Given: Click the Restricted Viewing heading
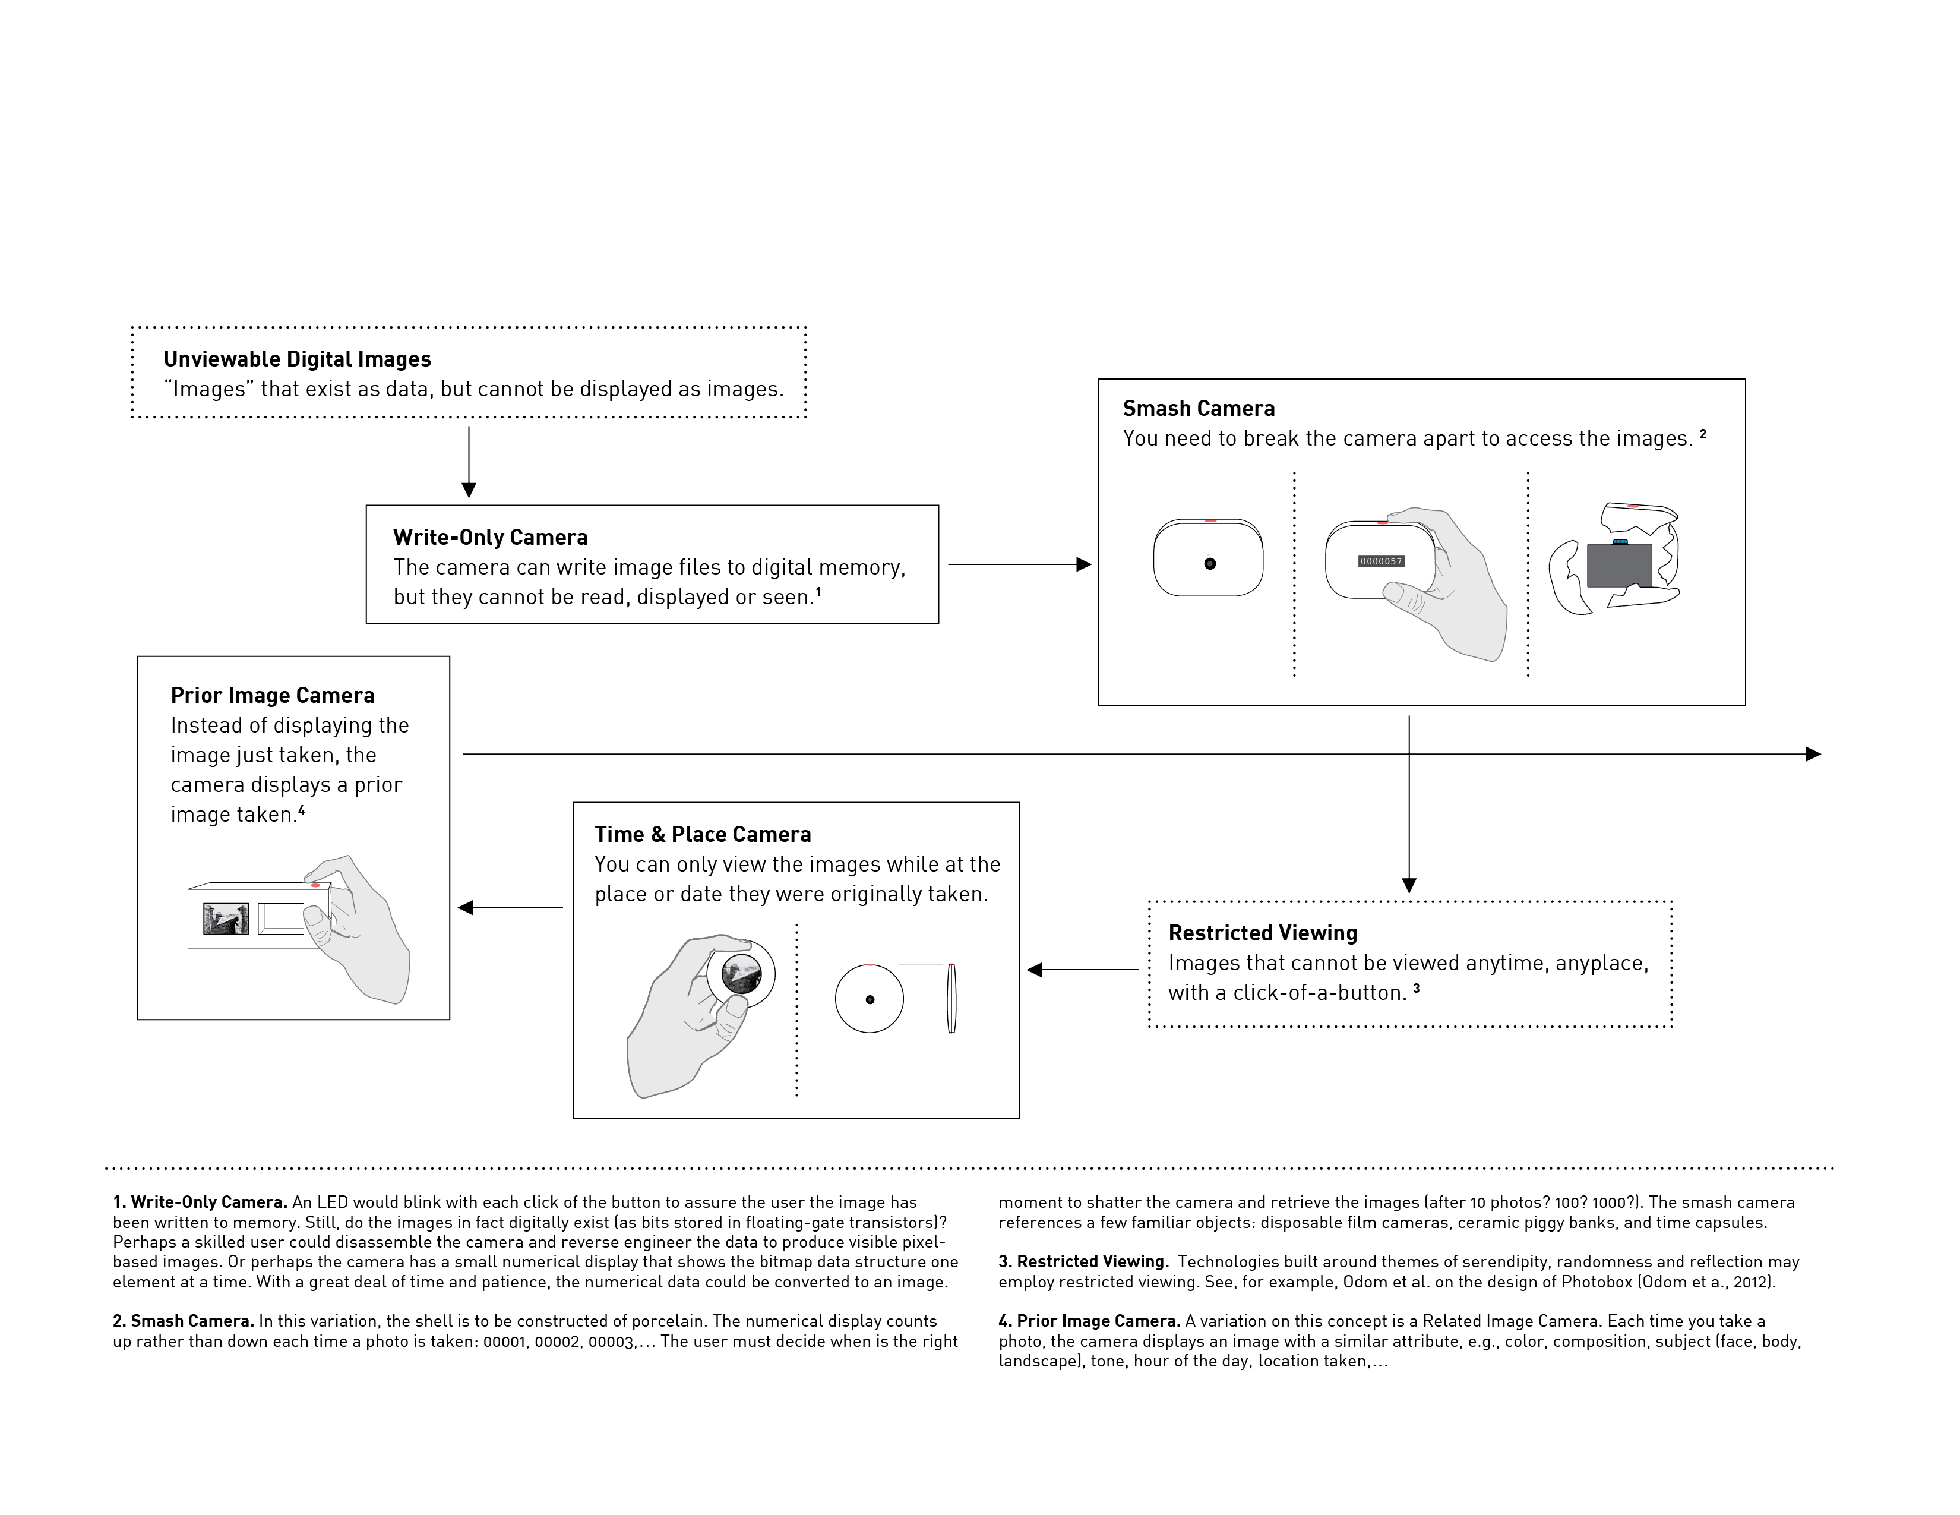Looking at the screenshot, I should tap(1262, 933).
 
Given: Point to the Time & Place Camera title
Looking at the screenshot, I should tap(702, 835).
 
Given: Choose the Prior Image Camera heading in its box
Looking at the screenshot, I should tap(272, 696).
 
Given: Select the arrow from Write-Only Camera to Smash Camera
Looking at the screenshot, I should tap(1019, 564).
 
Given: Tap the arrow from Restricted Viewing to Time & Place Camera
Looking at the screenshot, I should tap(1082, 970).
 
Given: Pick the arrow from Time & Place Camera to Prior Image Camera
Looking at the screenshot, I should tap(510, 907).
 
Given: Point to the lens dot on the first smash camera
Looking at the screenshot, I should tap(1210, 564).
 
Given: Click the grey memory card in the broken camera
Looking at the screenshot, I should tap(1619, 566).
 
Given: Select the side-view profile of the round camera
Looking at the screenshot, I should tap(951, 998).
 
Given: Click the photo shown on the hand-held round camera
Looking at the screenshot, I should tap(741, 974).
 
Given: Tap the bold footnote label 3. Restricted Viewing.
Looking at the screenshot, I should tap(1083, 1262).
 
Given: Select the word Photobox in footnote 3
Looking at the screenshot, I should tap(1596, 1282).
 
